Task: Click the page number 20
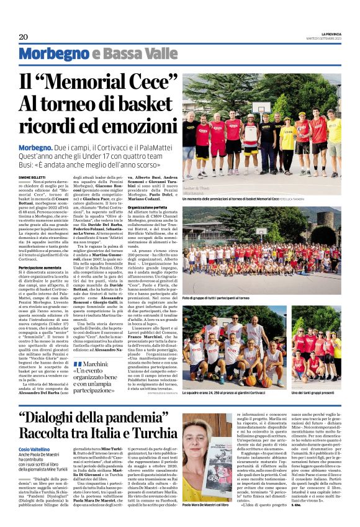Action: coord(24,37)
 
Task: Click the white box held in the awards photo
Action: coord(251,133)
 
